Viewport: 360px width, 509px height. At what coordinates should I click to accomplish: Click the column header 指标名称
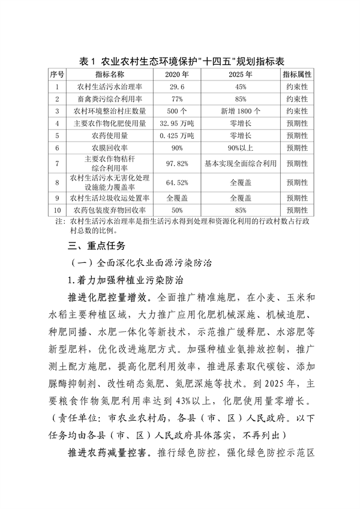coord(109,74)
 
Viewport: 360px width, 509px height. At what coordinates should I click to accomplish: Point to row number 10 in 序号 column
coord(57,210)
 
